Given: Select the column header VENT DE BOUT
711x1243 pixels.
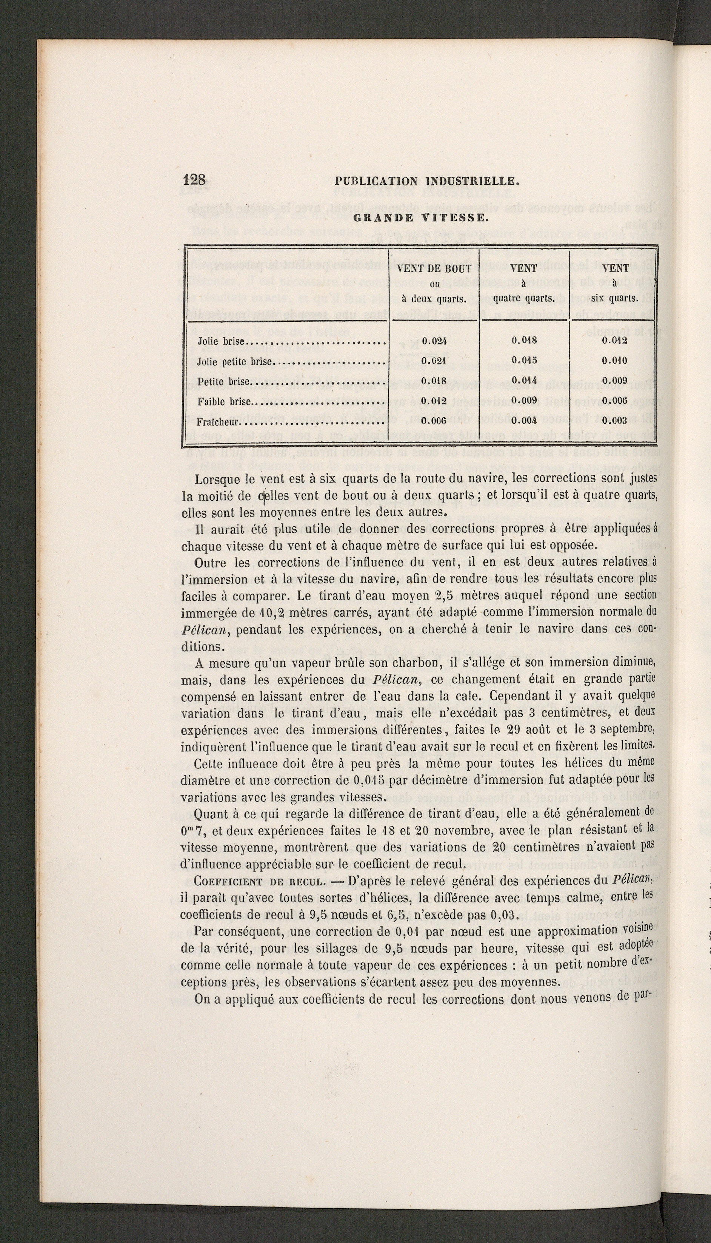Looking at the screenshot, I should [434, 268].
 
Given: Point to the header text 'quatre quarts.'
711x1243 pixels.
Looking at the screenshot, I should [523, 298].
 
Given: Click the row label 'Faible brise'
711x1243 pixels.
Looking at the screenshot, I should [225, 401].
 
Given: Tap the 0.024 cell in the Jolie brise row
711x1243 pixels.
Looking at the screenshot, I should [434, 341].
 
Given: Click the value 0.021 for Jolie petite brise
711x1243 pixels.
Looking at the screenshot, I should [434, 361].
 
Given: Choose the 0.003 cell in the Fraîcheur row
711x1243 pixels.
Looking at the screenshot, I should [614, 420].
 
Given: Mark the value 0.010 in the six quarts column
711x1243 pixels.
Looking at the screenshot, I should [614, 361].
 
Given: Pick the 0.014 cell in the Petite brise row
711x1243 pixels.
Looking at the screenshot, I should [525, 381].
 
